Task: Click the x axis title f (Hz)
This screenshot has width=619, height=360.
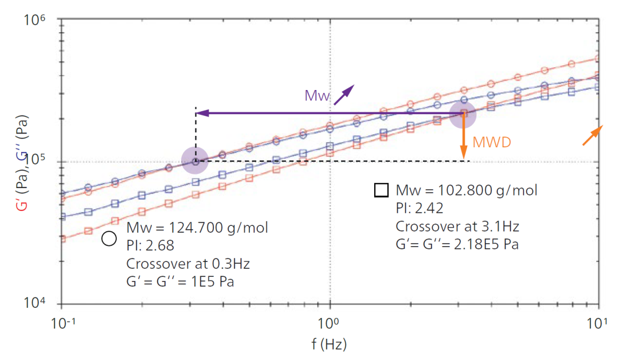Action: pos(330,345)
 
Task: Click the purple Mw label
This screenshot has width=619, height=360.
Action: pos(317,95)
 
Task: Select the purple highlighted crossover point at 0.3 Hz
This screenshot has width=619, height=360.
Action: pos(195,161)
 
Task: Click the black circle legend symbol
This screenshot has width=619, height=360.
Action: pos(109,238)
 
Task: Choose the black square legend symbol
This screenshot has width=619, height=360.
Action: pos(381,190)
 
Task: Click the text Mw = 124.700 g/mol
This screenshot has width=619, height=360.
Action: pos(197,228)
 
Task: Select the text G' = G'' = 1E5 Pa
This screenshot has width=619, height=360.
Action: pos(181,281)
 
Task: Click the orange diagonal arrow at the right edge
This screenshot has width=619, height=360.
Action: pos(593,135)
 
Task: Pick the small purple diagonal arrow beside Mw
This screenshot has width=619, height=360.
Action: pos(344,95)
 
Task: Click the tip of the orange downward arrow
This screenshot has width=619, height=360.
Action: pos(463,158)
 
